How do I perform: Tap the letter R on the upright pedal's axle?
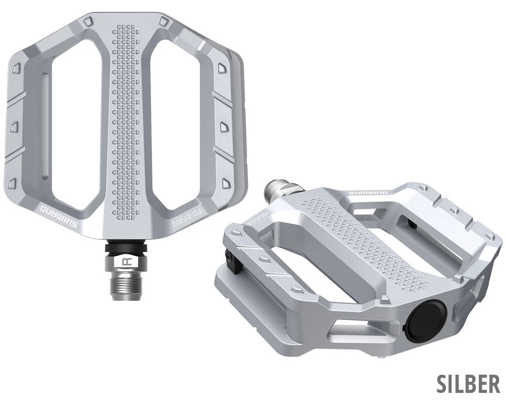[x=128, y=262]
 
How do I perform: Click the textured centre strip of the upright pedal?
[x=124, y=127]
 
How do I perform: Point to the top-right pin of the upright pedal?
[x=163, y=21]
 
